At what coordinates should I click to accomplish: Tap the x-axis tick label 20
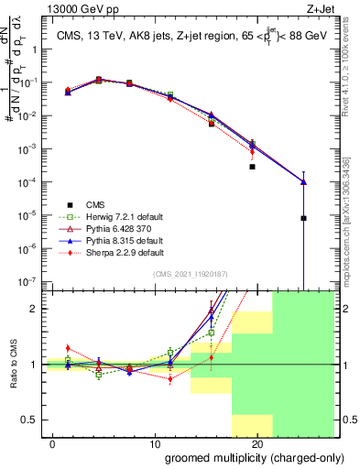[256, 442]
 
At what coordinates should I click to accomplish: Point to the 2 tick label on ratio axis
[34, 309]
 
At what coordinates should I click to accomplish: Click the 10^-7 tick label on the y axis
[27, 281]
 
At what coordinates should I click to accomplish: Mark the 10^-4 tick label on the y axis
[27, 181]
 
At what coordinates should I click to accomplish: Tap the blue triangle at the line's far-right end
[303, 181]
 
